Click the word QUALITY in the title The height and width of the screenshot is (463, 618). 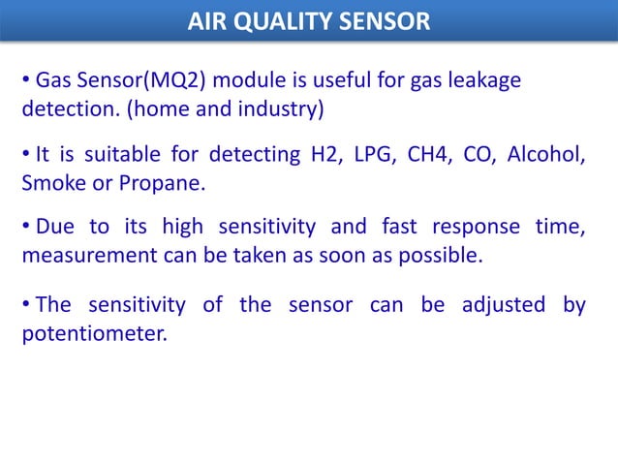click(275, 20)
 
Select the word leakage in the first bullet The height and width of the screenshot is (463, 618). click(481, 80)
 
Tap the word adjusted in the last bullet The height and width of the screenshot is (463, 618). click(503, 306)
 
